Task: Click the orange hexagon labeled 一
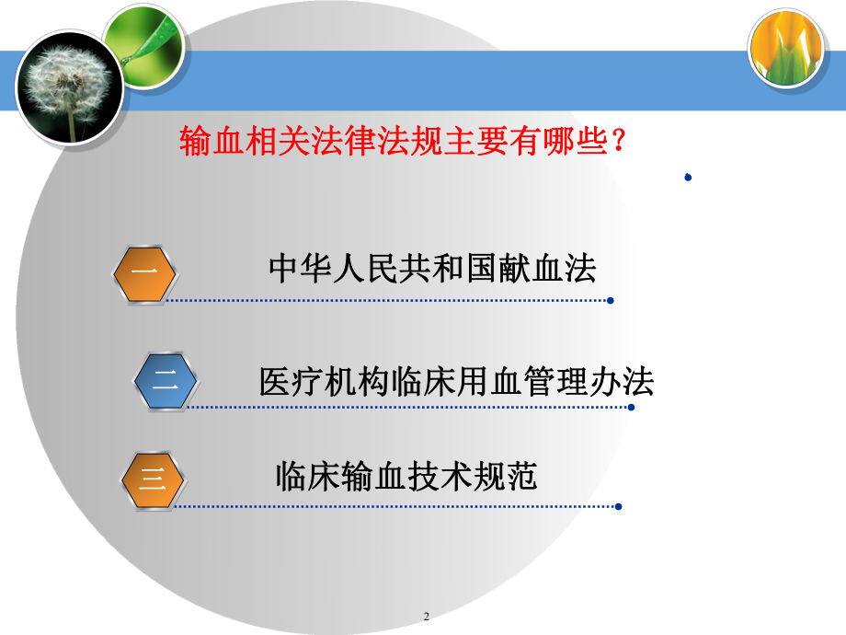point(144,272)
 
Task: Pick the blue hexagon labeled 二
point(166,380)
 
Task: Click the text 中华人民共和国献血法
point(432,268)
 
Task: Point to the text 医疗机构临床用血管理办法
point(456,381)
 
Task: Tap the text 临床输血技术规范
point(406,477)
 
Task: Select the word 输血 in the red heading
point(209,143)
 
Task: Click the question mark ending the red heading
point(619,143)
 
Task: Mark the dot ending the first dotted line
point(612,300)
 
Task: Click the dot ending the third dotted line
point(619,505)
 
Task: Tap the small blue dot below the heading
point(688,178)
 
